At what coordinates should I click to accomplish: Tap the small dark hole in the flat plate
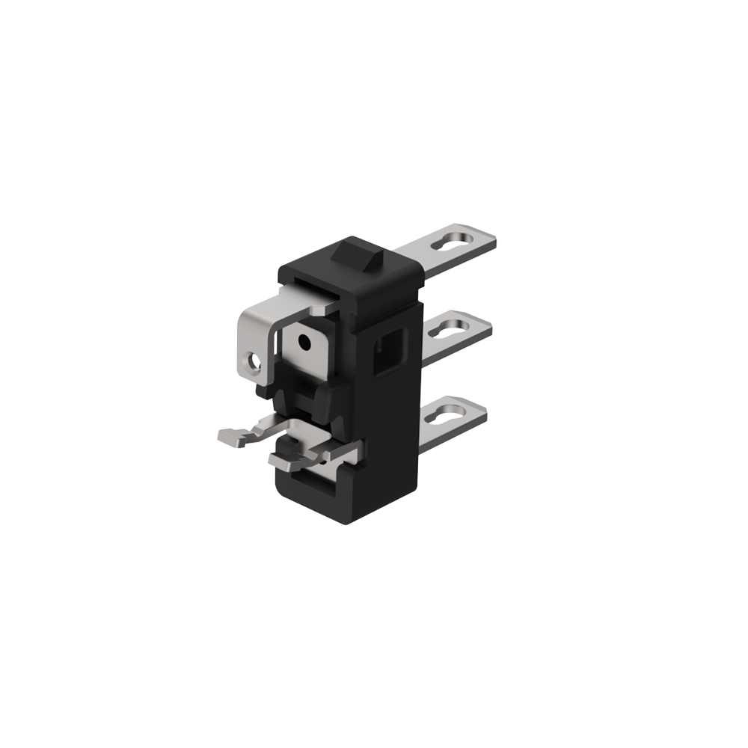point(304,343)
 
